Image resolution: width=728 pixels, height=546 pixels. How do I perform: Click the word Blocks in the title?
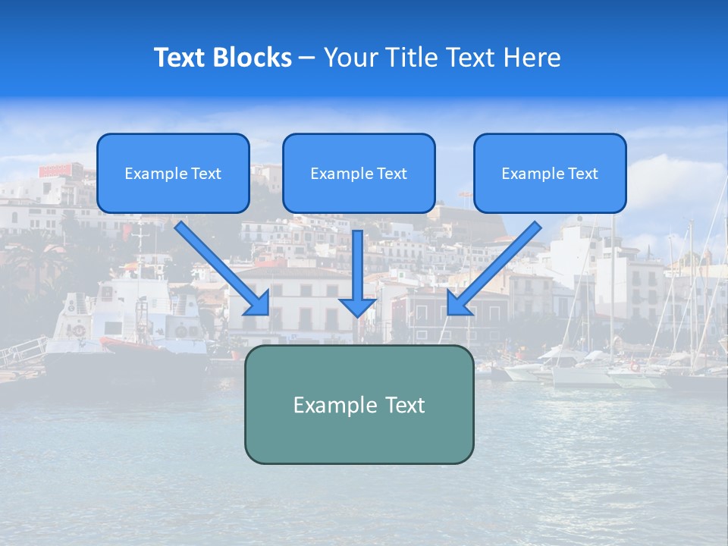(x=253, y=58)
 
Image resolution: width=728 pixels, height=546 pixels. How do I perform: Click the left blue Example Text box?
(x=173, y=173)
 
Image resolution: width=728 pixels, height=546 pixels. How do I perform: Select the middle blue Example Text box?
(x=359, y=173)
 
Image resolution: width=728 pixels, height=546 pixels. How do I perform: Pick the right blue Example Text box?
(x=550, y=173)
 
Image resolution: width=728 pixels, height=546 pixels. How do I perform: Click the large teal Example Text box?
(x=359, y=404)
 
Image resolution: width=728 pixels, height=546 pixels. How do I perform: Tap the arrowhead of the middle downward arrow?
(x=357, y=306)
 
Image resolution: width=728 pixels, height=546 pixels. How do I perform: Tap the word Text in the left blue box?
(x=206, y=174)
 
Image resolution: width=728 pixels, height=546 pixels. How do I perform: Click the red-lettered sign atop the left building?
(x=61, y=170)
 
